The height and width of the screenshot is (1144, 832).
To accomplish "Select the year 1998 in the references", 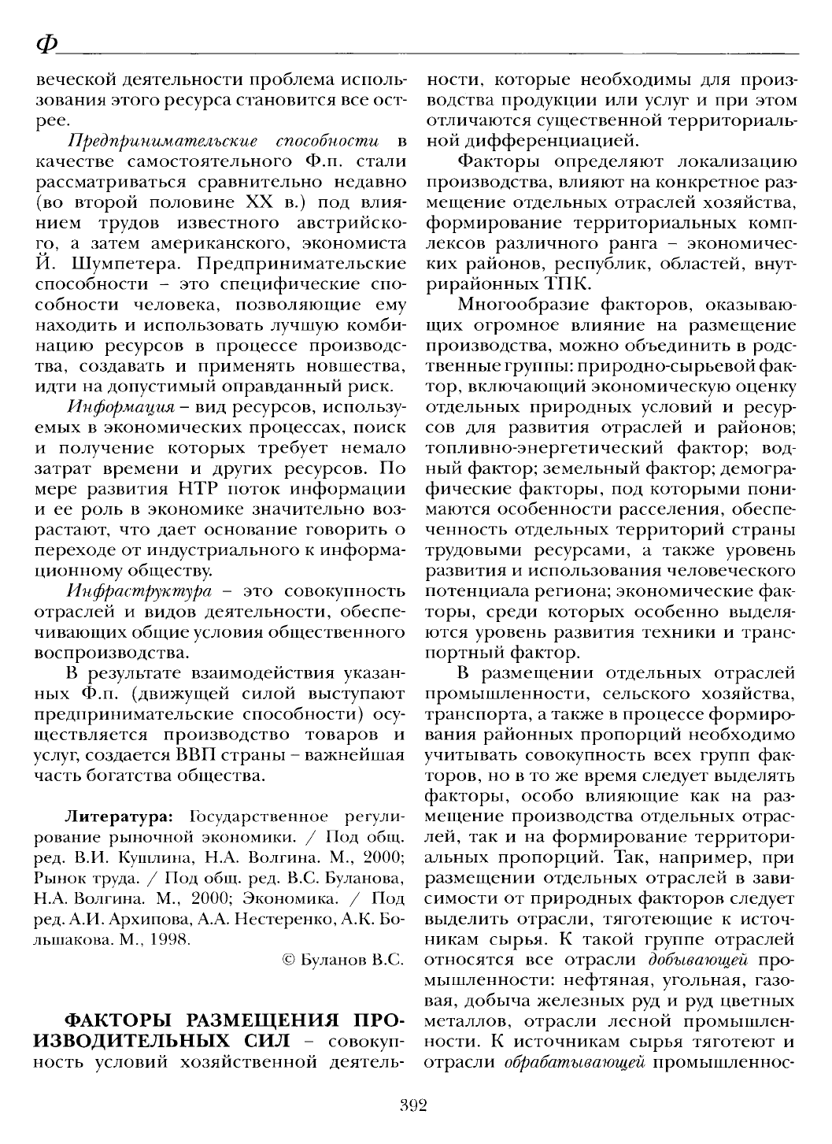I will tap(173, 939).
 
